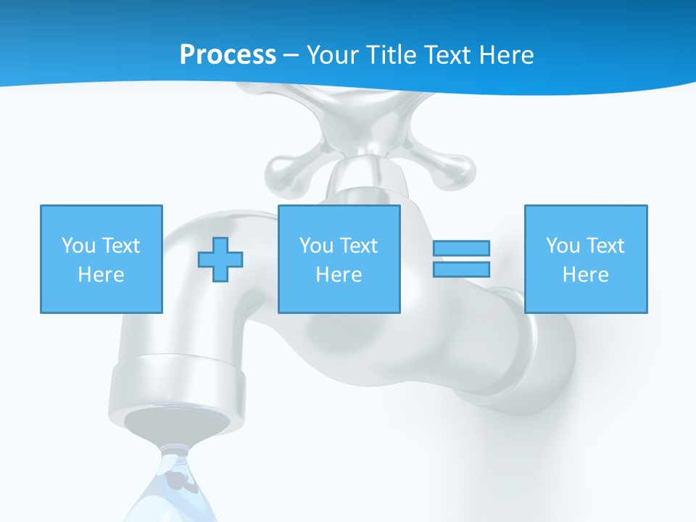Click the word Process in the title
228,55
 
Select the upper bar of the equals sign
461,249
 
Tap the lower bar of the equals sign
461,269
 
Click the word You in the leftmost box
78,246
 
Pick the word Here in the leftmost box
101,275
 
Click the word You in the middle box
316,246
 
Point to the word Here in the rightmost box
585,275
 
